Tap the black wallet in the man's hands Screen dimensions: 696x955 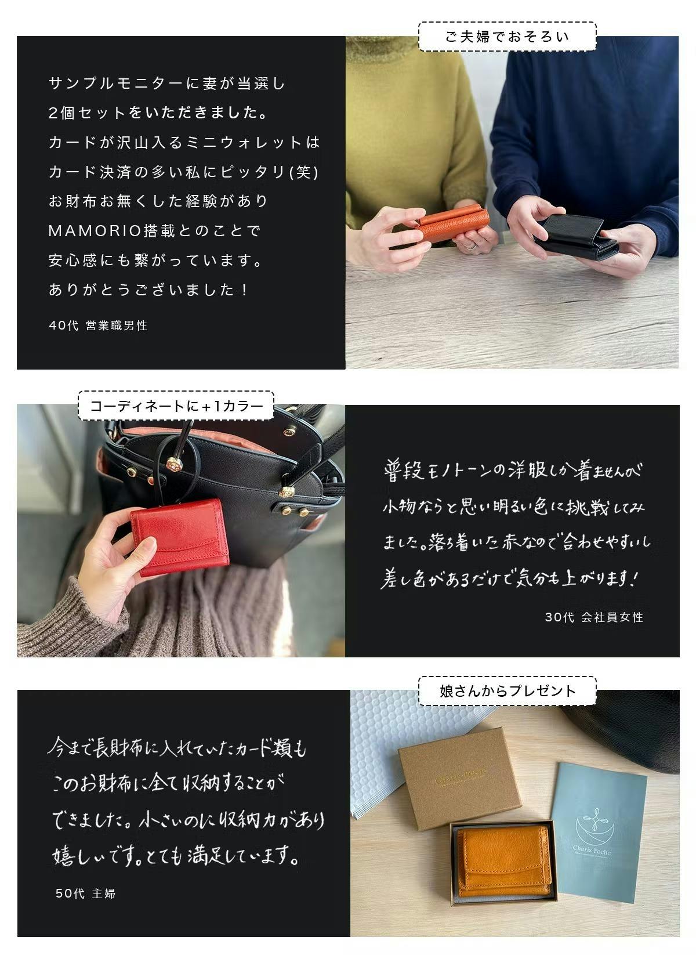(575, 237)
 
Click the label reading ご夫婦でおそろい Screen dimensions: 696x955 (507, 37)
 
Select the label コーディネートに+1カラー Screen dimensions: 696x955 (176, 406)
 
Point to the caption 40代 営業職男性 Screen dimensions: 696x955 (98, 325)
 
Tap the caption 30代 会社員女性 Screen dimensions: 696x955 (594, 617)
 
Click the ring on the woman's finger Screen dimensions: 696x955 (470, 245)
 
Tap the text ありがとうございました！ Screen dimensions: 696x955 (148, 290)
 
